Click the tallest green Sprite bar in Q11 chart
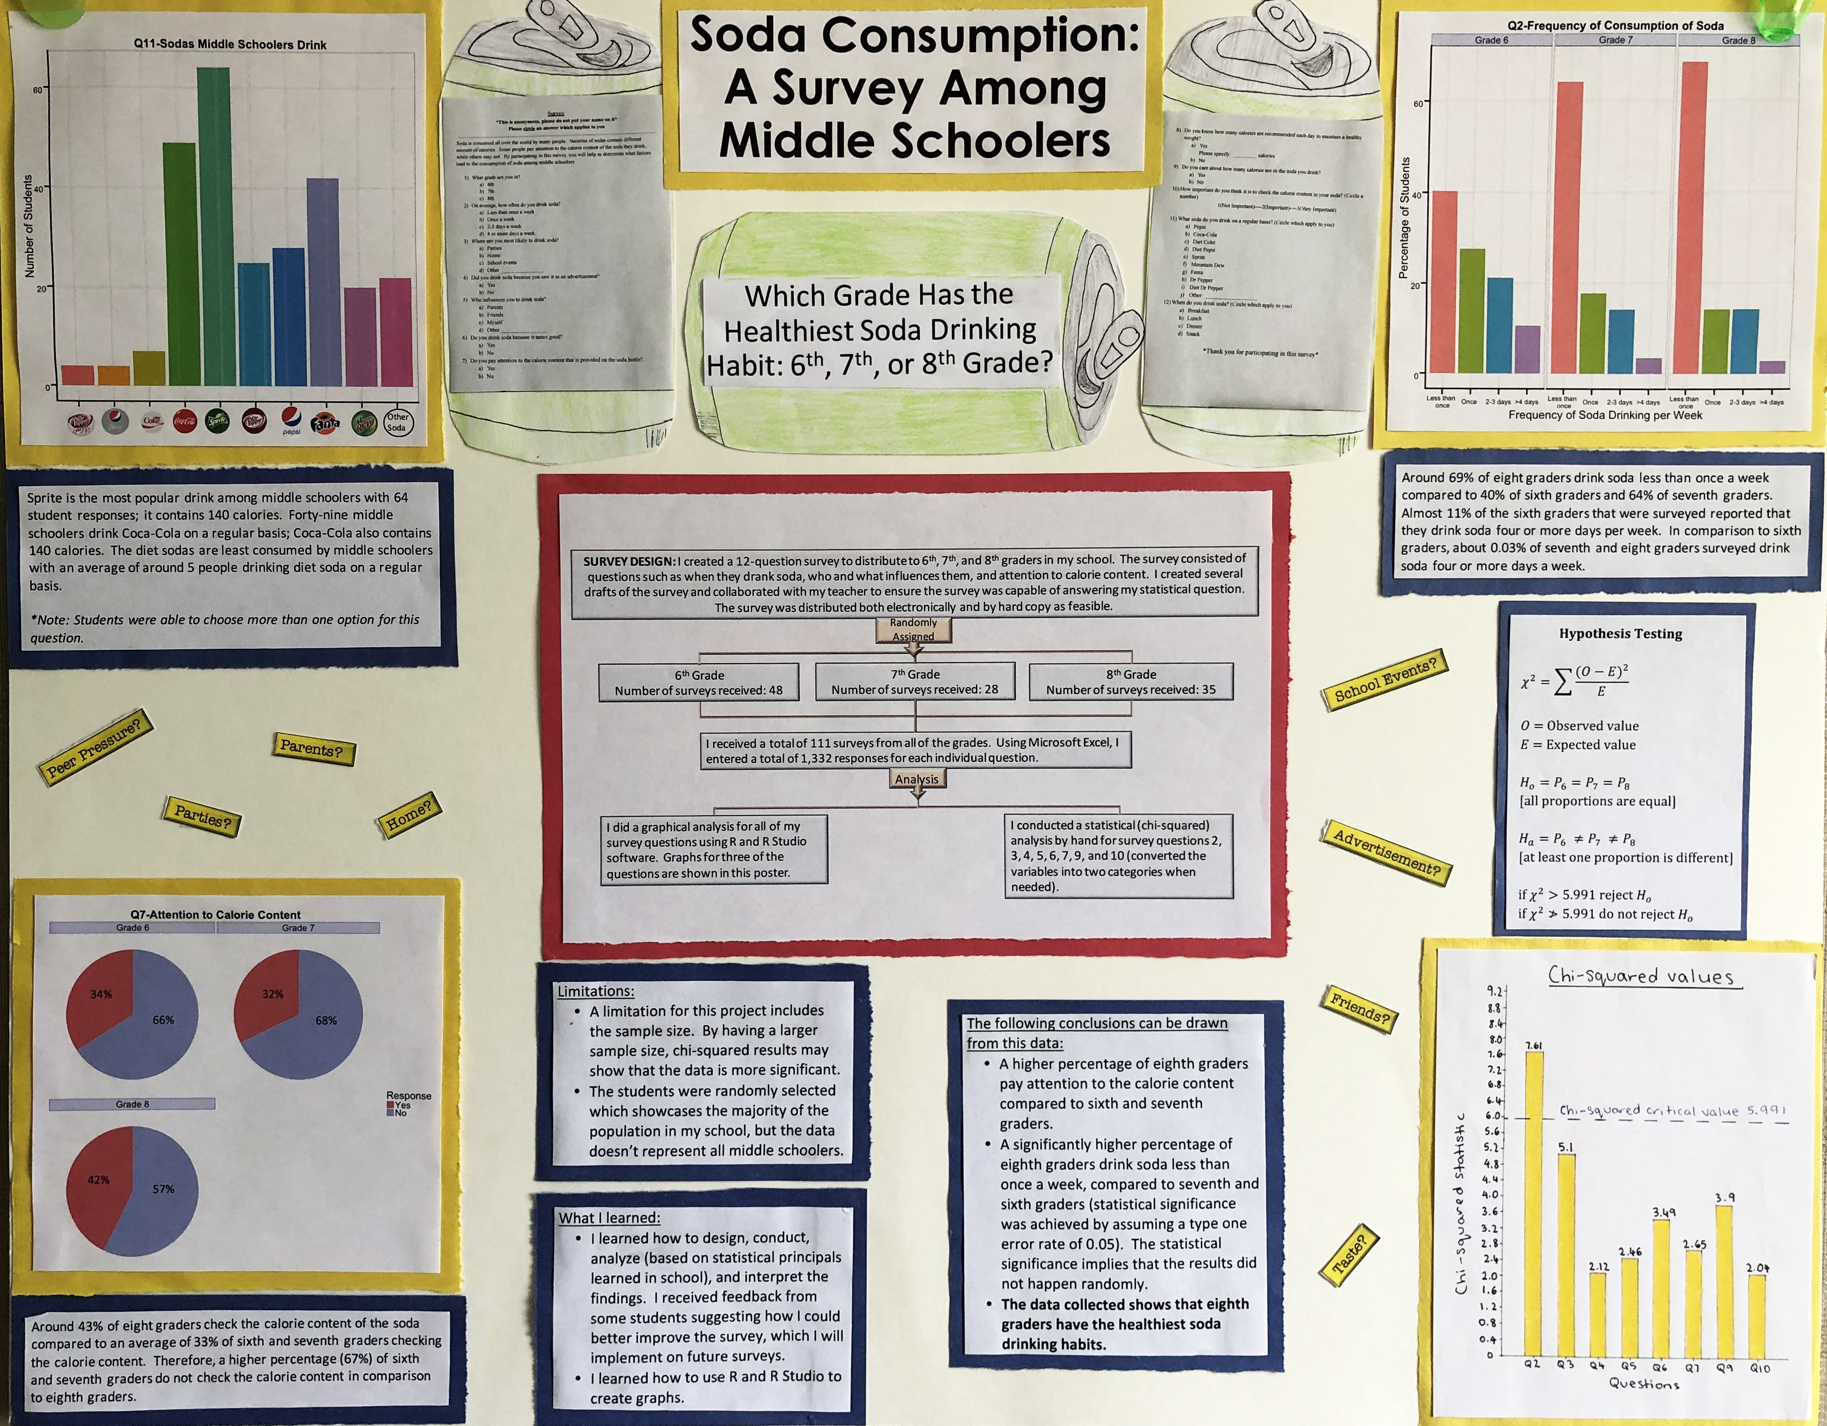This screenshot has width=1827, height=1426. click(x=213, y=226)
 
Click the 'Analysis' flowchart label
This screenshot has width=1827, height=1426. click(x=917, y=779)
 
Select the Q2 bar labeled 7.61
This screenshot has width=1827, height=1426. click(x=1534, y=1204)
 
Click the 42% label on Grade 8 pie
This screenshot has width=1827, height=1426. click(x=99, y=1180)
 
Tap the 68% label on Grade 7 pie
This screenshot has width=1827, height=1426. click(x=326, y=1020)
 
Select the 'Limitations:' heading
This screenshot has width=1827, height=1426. click(x=596, y=991)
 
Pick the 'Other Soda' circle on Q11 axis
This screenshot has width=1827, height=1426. click(x=397, y=422)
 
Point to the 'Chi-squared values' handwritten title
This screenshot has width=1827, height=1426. click(x=1640, y=975)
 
